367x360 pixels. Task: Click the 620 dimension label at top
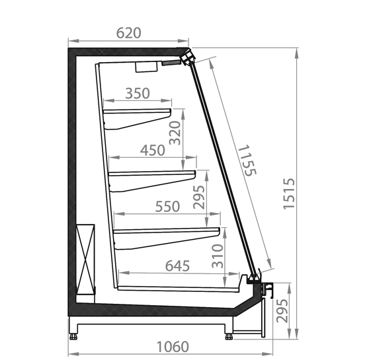click(129, 33)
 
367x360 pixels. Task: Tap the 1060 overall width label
click(173, 347)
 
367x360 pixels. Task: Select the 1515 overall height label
click(289, 194)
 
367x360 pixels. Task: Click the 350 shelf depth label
click(138, 94)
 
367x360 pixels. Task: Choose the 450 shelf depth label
click(153, 151)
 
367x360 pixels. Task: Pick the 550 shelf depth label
click(167, 207)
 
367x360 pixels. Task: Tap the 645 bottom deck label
click(177, 266)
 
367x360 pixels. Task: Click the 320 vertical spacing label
click(175, 133)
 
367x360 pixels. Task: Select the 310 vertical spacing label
click(217, 256)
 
